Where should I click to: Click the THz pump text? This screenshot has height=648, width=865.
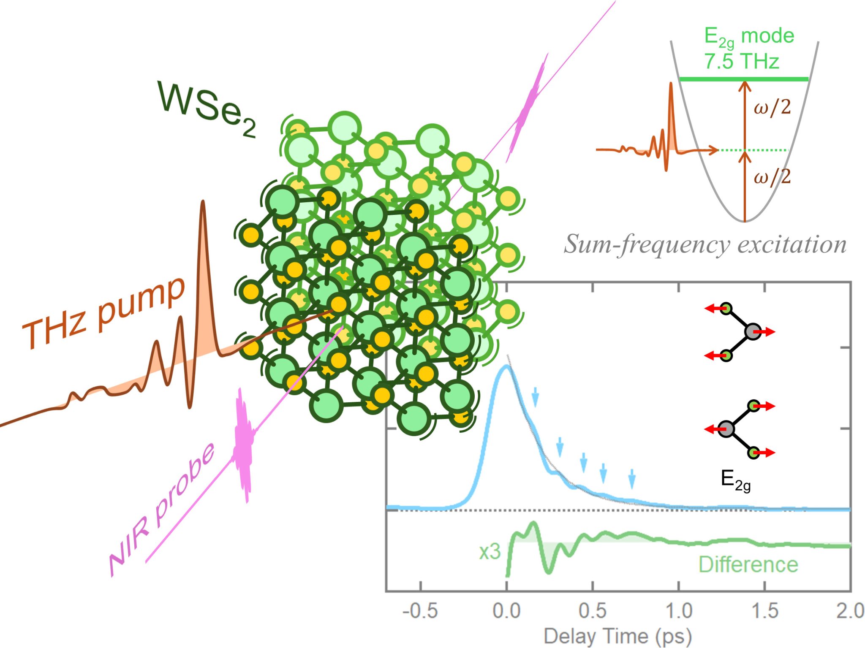coord(103,312)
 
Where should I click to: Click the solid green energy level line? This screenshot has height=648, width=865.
coord(744,79)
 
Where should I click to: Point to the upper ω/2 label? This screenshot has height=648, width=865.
coord(772,107)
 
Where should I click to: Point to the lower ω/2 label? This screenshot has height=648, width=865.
coord(772,176)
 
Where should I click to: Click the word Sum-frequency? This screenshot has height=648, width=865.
coord(647,244)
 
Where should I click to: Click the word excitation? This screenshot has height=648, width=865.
coord(792,244)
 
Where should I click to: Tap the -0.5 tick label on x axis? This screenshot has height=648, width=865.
coord(420,611)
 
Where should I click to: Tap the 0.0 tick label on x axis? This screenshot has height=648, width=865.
coord(506,611)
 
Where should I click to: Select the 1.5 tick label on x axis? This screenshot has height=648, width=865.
coord(765,611)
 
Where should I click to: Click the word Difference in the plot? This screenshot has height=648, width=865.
coord(748,564)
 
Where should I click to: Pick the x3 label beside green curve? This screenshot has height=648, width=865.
coord(490,551)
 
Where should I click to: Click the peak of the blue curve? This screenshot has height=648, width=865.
coord(505,366)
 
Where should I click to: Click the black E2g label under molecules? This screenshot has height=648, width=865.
coord(735,480)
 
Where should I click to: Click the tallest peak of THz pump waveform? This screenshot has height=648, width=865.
coord(203,205)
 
